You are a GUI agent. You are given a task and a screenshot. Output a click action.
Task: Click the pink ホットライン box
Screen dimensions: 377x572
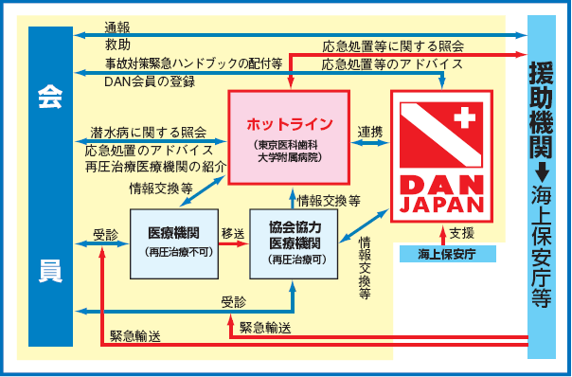(290, 133)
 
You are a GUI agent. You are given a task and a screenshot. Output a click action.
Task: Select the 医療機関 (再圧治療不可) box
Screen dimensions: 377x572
(173, 242)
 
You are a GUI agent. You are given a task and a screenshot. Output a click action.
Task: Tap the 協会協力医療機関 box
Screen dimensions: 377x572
(293, 242)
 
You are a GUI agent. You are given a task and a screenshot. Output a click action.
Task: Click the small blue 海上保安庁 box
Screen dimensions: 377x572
(443, 254)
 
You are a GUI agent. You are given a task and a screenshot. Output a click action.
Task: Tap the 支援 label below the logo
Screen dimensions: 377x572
(462, 231)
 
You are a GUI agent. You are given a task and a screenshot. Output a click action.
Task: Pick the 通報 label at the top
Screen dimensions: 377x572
(117, 27)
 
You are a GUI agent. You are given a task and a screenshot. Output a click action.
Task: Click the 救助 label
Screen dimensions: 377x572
(117, 45)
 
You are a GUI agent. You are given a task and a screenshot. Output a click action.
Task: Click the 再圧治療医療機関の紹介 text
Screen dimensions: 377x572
(155, 166)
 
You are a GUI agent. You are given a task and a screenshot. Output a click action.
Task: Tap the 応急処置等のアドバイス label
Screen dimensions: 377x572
(392, 63)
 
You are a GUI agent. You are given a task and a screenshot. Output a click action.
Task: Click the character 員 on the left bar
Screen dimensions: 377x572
(50, 271)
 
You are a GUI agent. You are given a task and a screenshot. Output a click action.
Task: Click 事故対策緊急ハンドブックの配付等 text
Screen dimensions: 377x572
(193, 63)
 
